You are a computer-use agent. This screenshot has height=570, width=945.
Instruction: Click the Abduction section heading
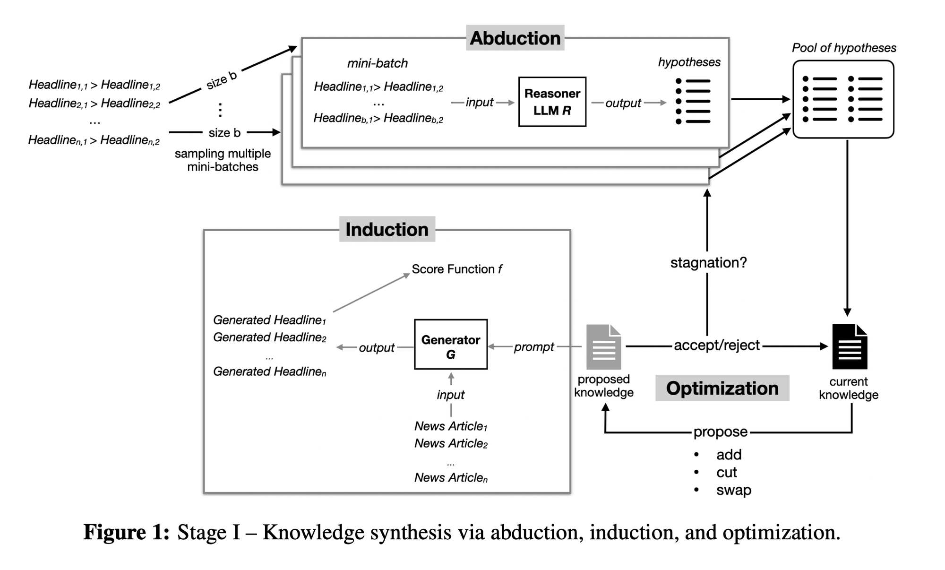(515, 38)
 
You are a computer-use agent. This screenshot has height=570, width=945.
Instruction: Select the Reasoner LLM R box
(552, 102)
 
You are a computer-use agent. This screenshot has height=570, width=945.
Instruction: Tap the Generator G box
(450, 345)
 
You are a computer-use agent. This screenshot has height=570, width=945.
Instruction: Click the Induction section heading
(387, 229)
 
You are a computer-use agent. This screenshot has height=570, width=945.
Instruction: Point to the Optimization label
(722, 388)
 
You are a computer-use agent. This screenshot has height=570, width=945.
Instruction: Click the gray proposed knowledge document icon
(603, 347)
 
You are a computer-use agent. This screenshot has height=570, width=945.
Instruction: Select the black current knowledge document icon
(849, 347)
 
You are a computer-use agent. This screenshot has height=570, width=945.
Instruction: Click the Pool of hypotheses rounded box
(843, 99)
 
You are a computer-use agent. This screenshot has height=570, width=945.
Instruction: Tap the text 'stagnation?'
(708, 263)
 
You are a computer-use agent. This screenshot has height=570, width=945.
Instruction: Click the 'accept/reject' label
(716, 345)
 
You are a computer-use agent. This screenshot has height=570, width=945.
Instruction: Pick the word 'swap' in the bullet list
(733, 490)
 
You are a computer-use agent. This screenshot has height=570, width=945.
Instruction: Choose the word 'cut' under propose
(726, 473)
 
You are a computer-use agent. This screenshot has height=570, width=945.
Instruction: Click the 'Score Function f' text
(456, 269)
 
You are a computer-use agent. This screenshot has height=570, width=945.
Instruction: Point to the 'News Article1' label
(451, 426)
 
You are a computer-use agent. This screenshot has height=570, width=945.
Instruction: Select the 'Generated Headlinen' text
(269, 371)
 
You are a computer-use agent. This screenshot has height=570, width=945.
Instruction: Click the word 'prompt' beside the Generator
(533, 347)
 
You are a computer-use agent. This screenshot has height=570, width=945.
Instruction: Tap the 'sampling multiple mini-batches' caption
(223, 160)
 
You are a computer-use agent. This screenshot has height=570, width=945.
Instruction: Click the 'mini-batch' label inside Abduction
(377, 63)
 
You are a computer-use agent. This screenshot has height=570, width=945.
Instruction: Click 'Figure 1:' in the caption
(126, 532)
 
